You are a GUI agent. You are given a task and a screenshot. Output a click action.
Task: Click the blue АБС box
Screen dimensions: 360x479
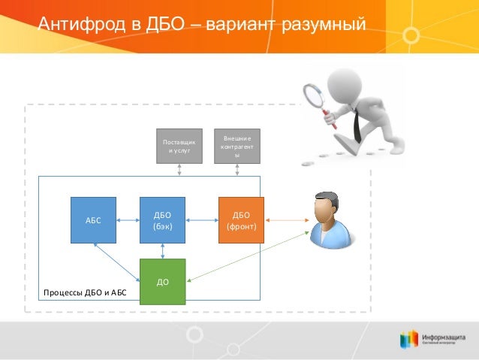[93, 220]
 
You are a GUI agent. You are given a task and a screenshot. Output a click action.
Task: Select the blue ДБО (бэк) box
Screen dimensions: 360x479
[163, 220]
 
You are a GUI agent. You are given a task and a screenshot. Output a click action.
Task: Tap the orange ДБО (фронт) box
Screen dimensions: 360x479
[241, 220]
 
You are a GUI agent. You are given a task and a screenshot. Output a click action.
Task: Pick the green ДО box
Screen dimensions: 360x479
[163, 282]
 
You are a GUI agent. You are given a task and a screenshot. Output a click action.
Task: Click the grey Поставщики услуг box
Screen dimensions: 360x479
[179, 145]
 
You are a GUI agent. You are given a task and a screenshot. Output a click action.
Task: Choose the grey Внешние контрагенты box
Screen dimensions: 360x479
[237, 145]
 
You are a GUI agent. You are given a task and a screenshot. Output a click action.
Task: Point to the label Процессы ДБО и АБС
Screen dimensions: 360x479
[85, 292]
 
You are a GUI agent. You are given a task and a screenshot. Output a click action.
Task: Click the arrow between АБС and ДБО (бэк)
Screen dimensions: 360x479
[128, 220]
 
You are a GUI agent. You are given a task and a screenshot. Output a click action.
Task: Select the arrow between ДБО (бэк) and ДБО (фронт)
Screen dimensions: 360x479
[202, 220]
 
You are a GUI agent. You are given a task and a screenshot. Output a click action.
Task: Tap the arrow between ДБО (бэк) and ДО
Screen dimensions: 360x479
[163, 251]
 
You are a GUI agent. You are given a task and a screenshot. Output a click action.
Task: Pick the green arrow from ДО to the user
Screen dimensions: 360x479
[248, 258]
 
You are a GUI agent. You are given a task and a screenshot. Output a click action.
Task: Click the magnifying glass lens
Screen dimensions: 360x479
[312, 95]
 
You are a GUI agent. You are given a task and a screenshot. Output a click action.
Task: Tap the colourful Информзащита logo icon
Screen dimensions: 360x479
[408, 338]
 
